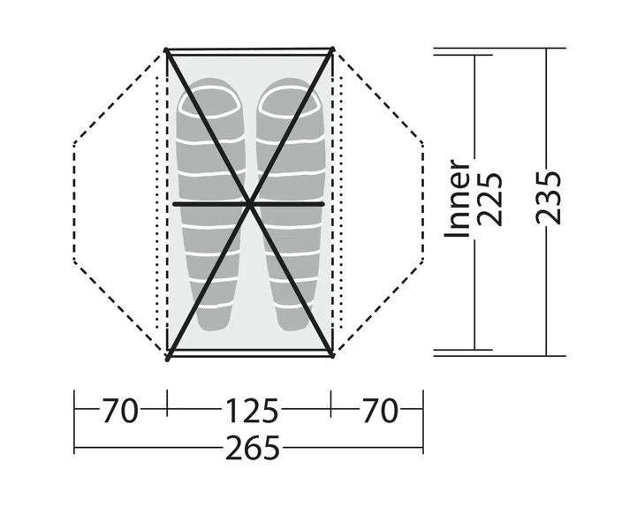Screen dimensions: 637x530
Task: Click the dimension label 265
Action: [x=253, y=448]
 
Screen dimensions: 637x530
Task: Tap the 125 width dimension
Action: [x=252, y=411]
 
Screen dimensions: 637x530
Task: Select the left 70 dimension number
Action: [x=120, y=411]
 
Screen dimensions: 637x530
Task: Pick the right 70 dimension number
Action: [x=379, y=411]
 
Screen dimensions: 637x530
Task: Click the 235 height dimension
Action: [x=549, y=198]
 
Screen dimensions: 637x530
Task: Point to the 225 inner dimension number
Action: [x=489, y=200]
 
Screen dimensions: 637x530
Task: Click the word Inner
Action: [x=457, y=198]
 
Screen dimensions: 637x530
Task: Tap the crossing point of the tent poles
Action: [x=250, y=204]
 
